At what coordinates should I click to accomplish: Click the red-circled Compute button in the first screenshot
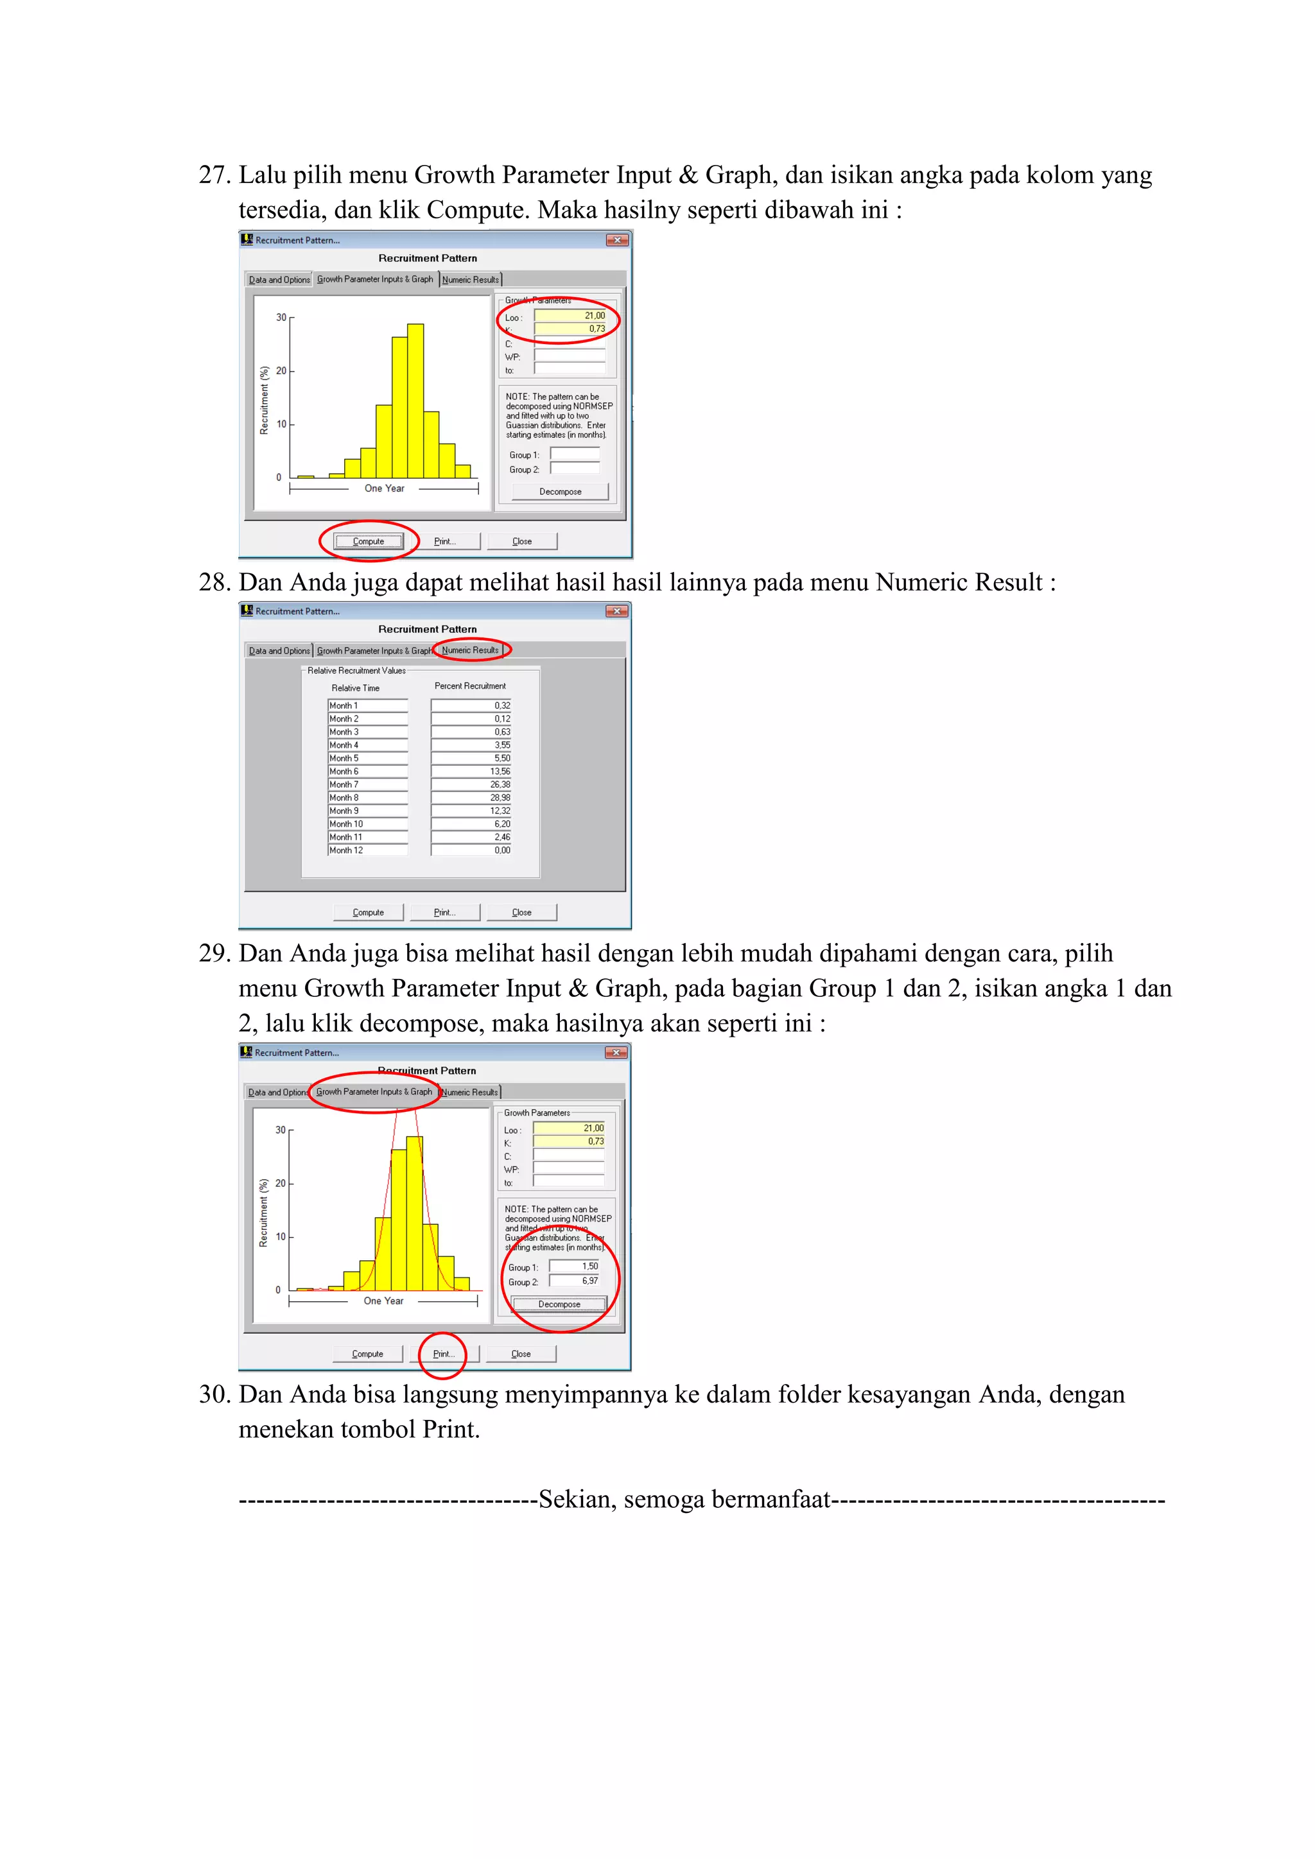[369, 541]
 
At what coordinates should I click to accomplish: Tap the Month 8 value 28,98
[471, 797]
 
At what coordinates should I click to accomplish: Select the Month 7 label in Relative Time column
[367, 784]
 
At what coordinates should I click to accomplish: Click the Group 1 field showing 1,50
[574, 1267]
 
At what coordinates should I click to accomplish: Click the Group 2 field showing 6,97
[574, 1281]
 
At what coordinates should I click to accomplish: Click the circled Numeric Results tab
[471, 650]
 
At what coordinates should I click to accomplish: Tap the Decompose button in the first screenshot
[561, 492]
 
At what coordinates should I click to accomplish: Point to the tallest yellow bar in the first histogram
[415, 401]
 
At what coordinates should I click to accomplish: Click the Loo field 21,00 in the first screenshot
[570, 316]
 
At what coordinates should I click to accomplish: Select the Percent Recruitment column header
[469, 686]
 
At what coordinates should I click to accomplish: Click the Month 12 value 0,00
[471, 850]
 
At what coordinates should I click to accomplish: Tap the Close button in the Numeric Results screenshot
[521, 913]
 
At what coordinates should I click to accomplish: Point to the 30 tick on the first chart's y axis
[281, 317]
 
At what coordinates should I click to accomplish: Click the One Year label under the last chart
[383, 1301]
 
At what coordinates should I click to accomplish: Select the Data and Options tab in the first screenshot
[279, 280]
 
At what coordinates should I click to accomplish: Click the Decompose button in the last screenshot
[559, 1304]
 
